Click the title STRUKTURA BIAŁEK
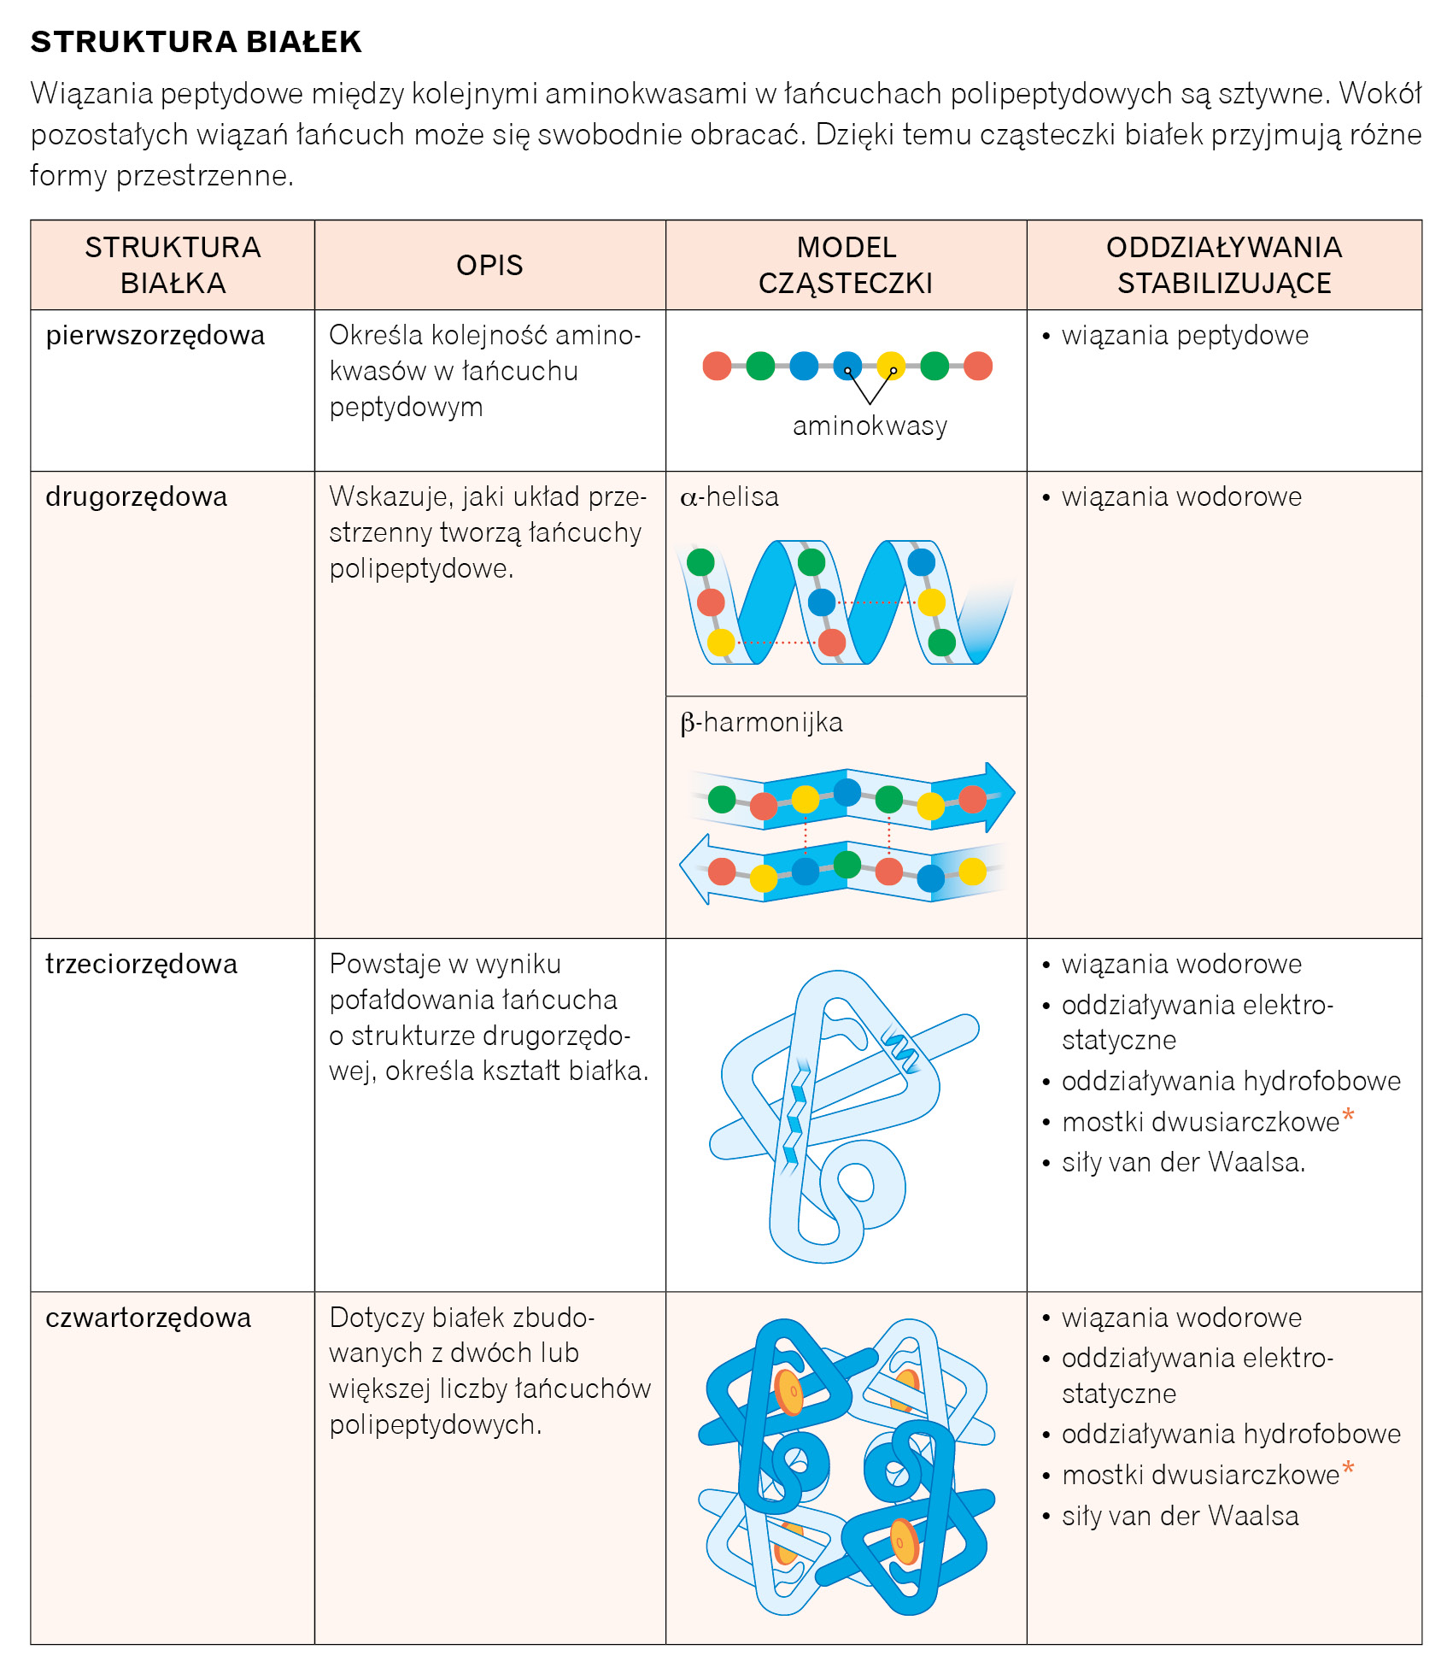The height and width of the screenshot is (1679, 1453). pyautogui.click(x=196, y=42)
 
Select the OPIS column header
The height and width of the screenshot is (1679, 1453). pyautogui.click(x=489, y=265)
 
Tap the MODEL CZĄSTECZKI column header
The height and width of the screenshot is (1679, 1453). pyautogui.click(x=846, y=265)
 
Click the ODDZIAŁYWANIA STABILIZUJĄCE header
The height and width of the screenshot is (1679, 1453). pyautogui.click(x=1223, y=265)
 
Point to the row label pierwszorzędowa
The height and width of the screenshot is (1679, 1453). pyautogui.click(x=155, y=336)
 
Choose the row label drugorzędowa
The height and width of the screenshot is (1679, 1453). pyautogui.click(x=136, y=497)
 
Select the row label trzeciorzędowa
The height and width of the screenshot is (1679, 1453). pyautogui.click(x=141, y=965)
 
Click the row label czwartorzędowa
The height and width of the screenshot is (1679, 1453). pyautogui.click(x=148, y=1318)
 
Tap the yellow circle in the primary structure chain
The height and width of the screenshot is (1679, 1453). pyautogui.click(x=891, y=366)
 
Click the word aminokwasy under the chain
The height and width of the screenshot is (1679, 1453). pyautogui.click(x=870, y=426)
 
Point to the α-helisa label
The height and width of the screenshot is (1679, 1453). pyautogui.click(x=729, y=497)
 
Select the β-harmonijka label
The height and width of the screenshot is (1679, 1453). pyautogui.click(x=761, y=723)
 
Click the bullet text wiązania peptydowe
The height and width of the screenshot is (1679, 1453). pyautogui.click(x=1184, y=336)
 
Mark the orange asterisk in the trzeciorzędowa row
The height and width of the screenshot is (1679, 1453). pyautogui.click(x=1348, y=1116)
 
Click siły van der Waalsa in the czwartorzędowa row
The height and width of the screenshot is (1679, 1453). pyautogui.click(x=1180, y=1517)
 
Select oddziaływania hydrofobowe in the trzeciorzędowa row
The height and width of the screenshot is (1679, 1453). pyautogui.click(x=1230, y=1082)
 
